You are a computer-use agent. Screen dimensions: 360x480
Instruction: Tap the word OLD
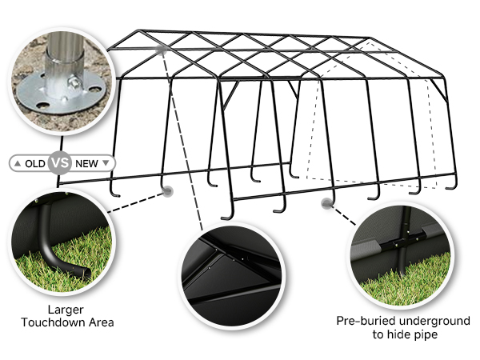[x=34, y=163]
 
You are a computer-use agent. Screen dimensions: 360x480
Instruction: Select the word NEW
[x=86, y=163]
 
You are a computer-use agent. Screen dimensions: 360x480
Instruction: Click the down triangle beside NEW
[x=106, y=163]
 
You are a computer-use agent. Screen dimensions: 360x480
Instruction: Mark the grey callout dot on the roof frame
[x=162, y=50]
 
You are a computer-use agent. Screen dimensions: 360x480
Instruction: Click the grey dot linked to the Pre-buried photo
[x=326, y=203]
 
